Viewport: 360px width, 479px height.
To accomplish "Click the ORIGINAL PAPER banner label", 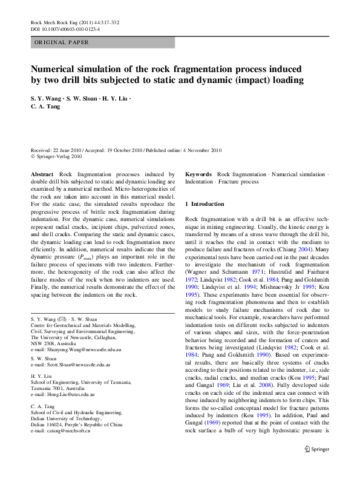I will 62,43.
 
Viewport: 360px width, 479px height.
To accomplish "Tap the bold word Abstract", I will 44,174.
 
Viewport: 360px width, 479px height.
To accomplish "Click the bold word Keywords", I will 198,174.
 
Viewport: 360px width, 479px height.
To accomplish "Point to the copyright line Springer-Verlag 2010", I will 58,156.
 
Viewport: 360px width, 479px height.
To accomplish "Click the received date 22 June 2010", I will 71,150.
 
